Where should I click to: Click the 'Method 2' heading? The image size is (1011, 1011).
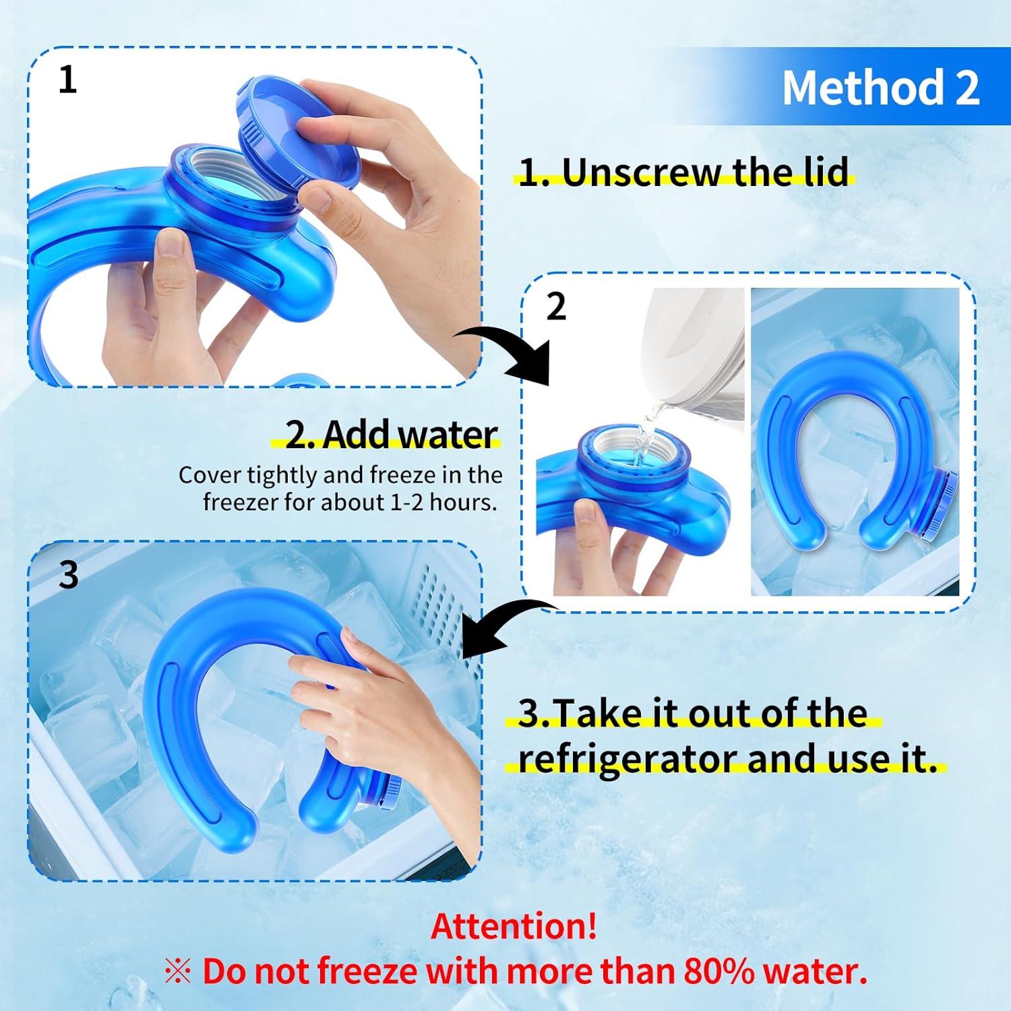(880, 88)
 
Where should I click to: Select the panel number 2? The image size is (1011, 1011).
(555, 307)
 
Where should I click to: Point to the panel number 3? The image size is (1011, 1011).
(69, 575)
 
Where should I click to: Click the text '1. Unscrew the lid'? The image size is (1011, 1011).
(684, 172)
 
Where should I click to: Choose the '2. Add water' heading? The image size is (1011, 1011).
(392, 435)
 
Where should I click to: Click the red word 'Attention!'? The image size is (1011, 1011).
(514, 927)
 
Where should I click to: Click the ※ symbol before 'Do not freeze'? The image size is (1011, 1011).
(178, 972)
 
